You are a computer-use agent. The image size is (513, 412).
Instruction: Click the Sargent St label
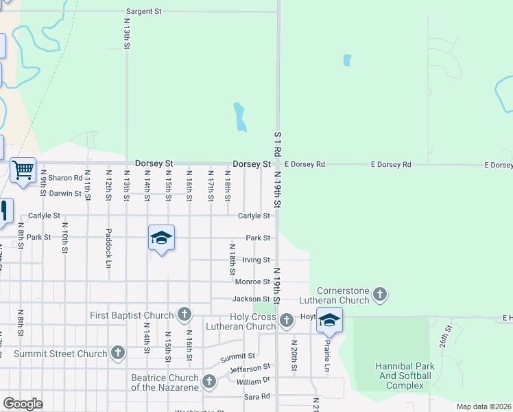[x=143, y=12]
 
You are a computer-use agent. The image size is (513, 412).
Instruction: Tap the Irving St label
[x=256, y=260]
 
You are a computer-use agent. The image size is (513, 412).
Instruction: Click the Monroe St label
[x=252, y=282]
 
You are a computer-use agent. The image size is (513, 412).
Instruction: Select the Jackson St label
[x=250, y=299]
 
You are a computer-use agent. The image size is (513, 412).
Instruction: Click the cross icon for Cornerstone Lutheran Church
[x=380, y=295]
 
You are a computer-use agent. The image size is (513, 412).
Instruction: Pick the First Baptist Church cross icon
[x=184, y=315]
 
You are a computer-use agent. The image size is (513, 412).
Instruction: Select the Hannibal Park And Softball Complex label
[x=403, y=376]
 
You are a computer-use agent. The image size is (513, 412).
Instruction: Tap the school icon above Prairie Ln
[x=329, y=320]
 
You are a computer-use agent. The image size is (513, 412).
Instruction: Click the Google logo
[x=23, y=404]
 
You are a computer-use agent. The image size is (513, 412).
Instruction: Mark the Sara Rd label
[x=256, y=397]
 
